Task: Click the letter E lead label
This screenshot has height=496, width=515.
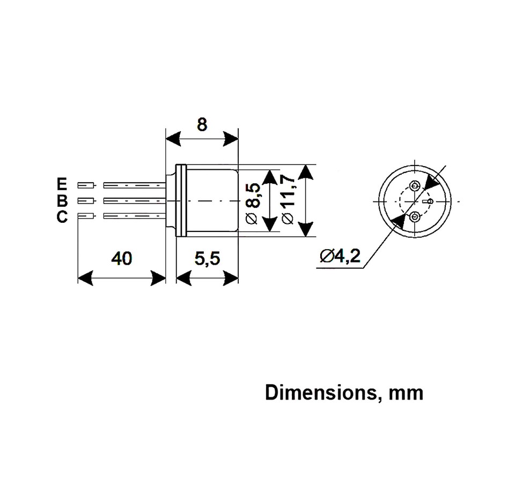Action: pos(62,185)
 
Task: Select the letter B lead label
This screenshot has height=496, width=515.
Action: pos(62,201)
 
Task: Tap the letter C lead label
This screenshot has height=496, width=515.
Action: pos(62,217)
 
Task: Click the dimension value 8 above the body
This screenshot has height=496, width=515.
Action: pos(202,125)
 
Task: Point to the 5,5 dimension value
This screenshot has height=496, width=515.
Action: pos(207,259)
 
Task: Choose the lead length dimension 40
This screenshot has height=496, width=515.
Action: pos(121,259)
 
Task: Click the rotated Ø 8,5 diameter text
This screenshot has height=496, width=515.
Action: pos(255,202)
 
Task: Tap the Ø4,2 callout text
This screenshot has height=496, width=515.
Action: pos(340,257)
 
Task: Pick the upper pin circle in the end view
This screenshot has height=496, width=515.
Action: pos(415,186)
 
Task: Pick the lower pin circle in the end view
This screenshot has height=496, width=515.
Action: pos(415,217)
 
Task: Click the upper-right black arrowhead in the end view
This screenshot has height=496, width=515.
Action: pos(431,182)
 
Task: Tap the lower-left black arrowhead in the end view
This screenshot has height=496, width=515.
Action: pos(398,221)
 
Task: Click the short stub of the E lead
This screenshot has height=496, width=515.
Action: pos(86,185)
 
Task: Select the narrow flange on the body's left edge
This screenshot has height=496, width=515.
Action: pos(181,200)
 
